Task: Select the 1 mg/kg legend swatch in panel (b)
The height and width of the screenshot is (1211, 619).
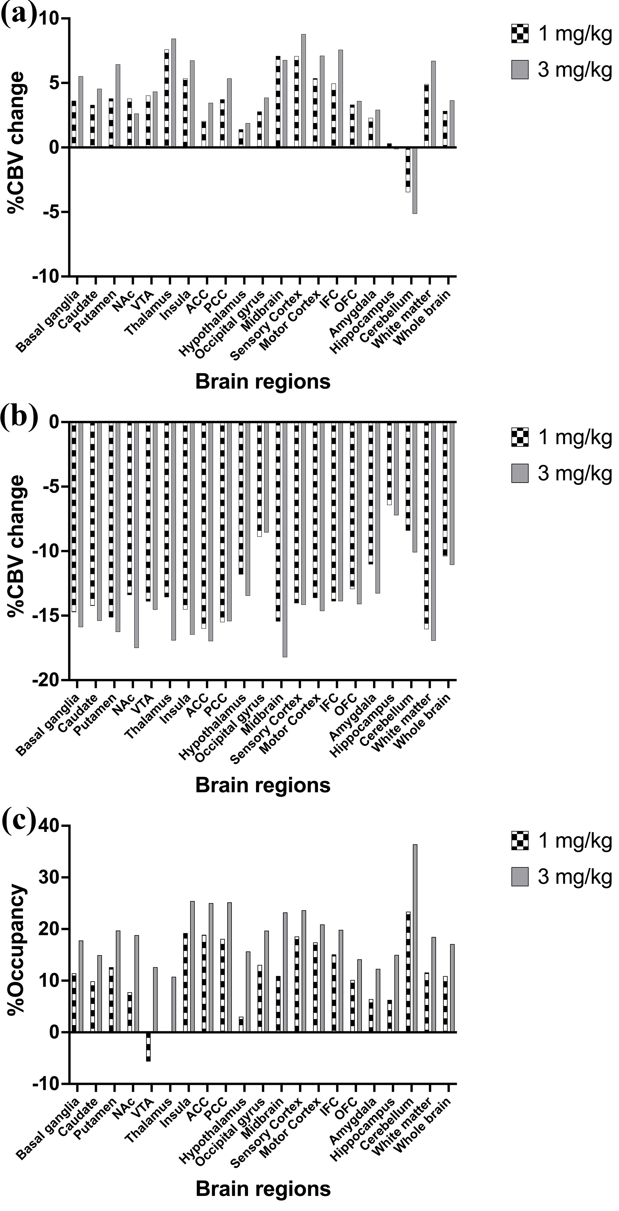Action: (520, 437)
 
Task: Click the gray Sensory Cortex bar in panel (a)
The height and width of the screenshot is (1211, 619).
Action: (303, 91)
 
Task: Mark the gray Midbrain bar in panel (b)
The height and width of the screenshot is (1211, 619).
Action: (285, 539)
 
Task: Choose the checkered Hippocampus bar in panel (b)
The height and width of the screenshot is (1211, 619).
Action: (389, 463)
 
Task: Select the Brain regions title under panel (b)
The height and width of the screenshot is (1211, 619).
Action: (263, 785)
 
